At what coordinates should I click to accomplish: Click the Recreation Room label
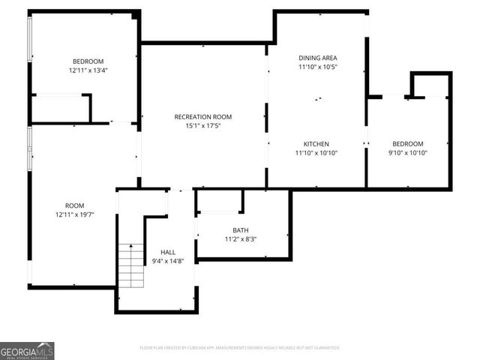(202, 116)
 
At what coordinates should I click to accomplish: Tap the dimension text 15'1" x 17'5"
(202, 126)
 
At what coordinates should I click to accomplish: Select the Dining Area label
(318, 58)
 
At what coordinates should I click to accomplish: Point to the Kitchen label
(316, 143)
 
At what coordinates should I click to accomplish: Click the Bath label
(241, 230)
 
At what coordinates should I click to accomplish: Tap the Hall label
(168, 252)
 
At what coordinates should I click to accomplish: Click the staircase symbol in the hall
(131, 262)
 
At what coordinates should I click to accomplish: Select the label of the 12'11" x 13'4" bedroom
(88, 61)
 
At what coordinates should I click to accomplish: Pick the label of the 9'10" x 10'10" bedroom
(408, 143)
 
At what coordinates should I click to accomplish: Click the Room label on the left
(74, 205)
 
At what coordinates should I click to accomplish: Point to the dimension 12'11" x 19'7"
(74, 215)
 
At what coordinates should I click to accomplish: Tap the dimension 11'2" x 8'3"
(241, 239)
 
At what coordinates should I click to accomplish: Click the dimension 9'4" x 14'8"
(168, 262)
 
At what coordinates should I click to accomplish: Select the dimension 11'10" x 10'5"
(318, 67)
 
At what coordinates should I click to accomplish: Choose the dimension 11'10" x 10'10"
(317, 153)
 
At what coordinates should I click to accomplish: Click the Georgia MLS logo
(27, 350)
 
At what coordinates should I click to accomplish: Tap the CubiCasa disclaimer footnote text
(240, 348)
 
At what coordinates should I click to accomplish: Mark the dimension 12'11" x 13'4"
(88, 70)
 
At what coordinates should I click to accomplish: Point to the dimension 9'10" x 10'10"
(408, 153)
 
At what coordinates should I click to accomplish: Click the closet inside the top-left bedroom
(60, 108)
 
